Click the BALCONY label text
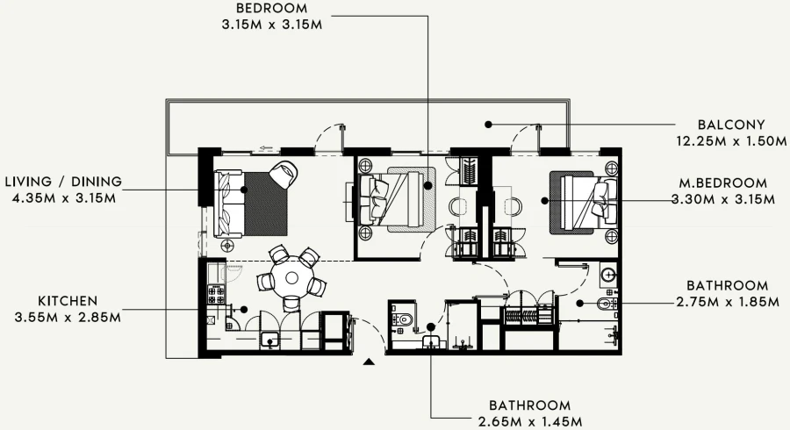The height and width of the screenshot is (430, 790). coord(731,125)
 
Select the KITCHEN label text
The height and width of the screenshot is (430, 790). coord(68,300)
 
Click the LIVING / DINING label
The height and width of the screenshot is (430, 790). coord(63,182)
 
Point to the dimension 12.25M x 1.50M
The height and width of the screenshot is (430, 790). coord(731,140)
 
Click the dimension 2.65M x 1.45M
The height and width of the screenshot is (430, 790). coord(529,421)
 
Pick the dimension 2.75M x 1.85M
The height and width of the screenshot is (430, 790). coord(727,302)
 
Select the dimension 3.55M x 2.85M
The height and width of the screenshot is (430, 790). coord(68,316)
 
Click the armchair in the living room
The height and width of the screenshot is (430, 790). coord(284,173)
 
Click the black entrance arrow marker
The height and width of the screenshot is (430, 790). coord(370,360)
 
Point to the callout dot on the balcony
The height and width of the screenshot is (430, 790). coord(488,125)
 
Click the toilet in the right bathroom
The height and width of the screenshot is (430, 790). coord(605,305)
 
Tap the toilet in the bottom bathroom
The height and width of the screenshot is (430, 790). coord(402,317)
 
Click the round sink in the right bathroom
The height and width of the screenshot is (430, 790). coord(608,274)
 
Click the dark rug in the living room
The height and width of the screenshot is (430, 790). coord(266,204)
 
